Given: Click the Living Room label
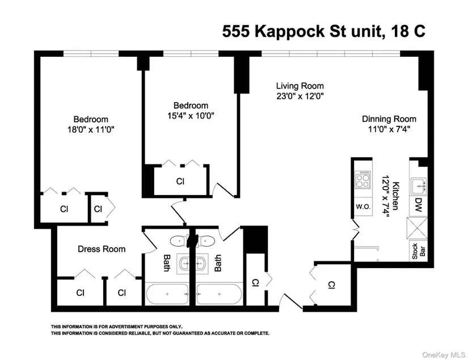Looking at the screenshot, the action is tap(300, 86).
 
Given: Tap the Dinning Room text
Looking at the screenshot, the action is tap(389, 119).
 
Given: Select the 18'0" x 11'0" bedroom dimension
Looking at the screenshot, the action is tap(91, 130).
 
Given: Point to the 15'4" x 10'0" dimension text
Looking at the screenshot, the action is tap(191, 116).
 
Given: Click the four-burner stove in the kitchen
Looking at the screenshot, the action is tap(363, 180).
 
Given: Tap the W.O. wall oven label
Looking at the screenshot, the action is tap(363, 206).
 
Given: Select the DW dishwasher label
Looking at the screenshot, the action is tap(418, 205).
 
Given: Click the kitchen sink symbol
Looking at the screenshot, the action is tap(419, 187).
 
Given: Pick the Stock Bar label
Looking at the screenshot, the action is tap(419, 251).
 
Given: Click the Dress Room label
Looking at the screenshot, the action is tap(102, 249).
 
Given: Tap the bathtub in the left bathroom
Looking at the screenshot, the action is tap(167, 294).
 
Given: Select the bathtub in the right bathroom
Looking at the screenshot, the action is tap(220, 294).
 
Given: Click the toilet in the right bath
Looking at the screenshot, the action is tap(206, 241).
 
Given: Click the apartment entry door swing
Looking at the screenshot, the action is tap(291, 301).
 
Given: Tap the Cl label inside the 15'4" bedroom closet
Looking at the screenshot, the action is tap(180, 181).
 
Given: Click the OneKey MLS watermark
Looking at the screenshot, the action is tap(444, 355).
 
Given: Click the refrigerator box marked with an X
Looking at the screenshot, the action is tap(418, 228).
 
